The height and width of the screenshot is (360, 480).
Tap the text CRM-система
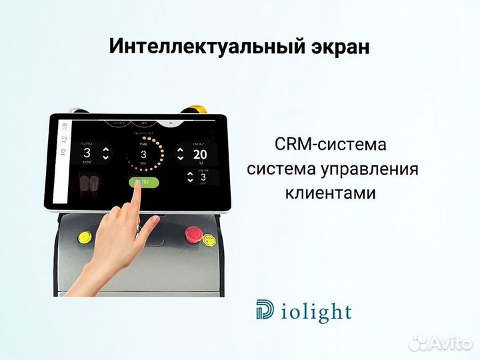[x=331, y=145]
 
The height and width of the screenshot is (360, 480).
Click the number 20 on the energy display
[x=199, y=155]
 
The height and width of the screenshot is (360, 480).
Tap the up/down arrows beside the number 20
[x=179, y=155]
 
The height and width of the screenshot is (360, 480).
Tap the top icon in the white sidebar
[x=64, y=125]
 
